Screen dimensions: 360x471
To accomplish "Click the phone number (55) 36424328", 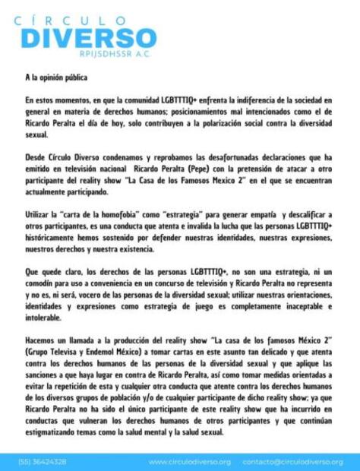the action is pyautogui.click(x=43, y=461).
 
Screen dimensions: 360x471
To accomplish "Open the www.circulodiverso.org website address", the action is pyautogui.click(x=190, y=461).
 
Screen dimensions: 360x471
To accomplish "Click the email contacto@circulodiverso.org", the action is pyautogui.click(x=292, y=461).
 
